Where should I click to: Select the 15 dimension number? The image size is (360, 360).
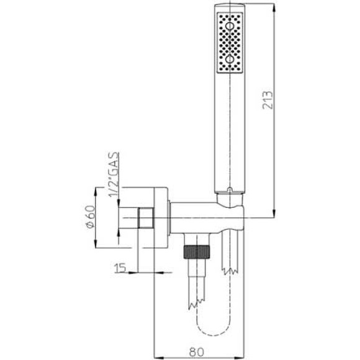(120, 268)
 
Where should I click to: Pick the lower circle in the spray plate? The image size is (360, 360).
(230, 60)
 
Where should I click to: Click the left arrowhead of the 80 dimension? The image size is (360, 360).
(156, 356)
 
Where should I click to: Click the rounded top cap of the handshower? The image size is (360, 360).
(230, 9)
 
